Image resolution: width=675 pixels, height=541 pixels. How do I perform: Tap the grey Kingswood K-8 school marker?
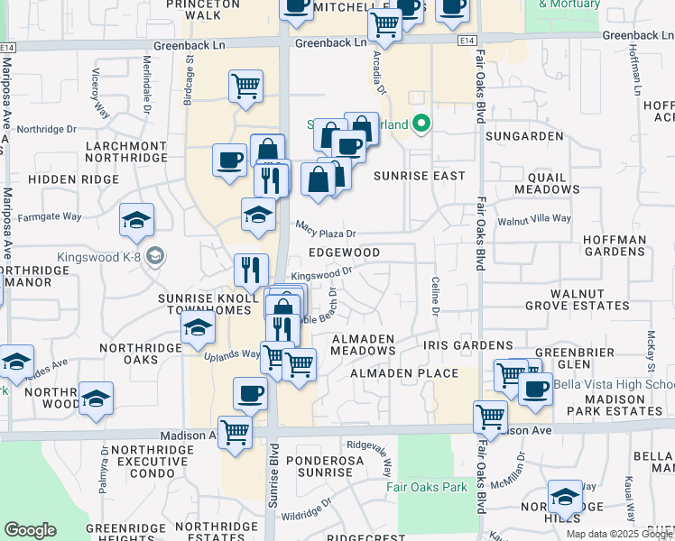point(155,257)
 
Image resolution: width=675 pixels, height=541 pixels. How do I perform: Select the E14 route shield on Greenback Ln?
point(466,41)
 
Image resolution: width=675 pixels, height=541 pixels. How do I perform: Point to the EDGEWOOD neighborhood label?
point(344,252)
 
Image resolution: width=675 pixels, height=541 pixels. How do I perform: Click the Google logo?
point(30,530)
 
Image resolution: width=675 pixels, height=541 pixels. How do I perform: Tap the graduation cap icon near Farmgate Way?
point(137,219)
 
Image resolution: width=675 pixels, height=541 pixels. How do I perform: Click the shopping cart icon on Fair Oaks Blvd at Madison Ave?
point(490,416)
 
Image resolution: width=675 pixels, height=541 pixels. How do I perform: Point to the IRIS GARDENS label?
point(469,345)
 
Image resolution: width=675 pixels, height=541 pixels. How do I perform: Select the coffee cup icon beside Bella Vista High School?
point(536,389)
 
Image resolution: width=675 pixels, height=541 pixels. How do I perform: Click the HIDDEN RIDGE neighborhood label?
point(73,179)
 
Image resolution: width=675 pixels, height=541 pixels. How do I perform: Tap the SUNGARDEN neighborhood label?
point(523,136)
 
